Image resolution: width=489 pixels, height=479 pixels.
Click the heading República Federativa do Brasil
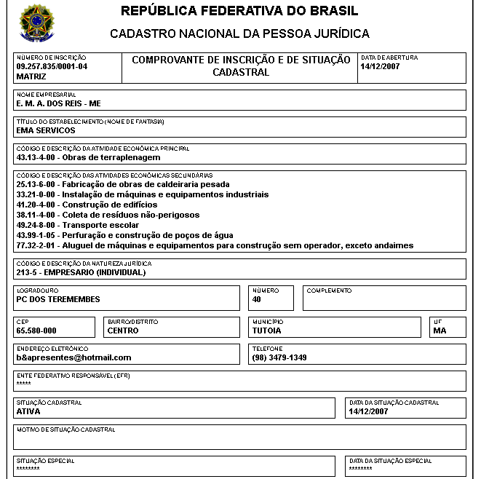(x=239, y=12)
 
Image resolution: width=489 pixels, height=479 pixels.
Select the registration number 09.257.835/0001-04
(x=52, y=66)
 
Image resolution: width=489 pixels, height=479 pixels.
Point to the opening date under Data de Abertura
(x=380, y=66)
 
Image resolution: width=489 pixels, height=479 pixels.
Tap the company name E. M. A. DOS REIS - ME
(x=58, y=103)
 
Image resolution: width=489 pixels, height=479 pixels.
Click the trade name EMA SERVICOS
(x=45, y=130)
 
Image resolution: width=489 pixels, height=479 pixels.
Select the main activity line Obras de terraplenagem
(x=88, y=157)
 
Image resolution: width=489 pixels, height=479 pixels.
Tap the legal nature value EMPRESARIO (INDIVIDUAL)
(x=81, y=272)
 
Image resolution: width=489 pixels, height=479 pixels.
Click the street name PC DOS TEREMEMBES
(x=58, y=299)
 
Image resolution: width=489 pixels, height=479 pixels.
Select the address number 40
(x=257, y=299)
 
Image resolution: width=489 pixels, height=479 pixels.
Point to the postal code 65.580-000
(x=36, y=330)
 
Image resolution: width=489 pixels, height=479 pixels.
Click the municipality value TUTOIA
(x=267, y=330)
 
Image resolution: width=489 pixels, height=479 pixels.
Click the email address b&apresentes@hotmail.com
(x=73, y=357)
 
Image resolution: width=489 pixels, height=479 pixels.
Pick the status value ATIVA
(x=28, y=411)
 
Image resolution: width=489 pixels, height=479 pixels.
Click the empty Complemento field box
(x=383, y=300)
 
